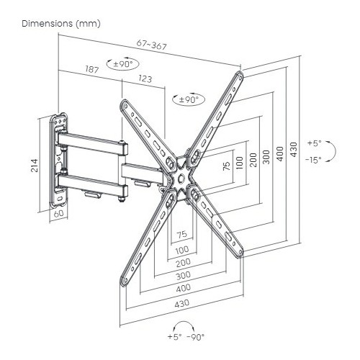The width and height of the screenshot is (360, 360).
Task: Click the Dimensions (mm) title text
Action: pos(61,24)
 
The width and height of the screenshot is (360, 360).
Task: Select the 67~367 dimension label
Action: pos(151,45)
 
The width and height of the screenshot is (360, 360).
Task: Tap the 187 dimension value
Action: pos(92,69)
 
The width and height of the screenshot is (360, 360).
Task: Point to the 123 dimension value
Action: pos(145,78)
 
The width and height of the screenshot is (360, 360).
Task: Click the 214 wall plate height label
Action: pos(35,166)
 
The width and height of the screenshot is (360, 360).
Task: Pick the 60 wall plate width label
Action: pos(58,214)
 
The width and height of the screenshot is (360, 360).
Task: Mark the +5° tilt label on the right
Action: pos(315,143)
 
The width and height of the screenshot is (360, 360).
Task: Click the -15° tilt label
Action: pos(313,160)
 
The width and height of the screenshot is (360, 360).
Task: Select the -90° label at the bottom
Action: pos(196,337)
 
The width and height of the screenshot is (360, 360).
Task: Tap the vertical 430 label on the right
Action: pos(294,150)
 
